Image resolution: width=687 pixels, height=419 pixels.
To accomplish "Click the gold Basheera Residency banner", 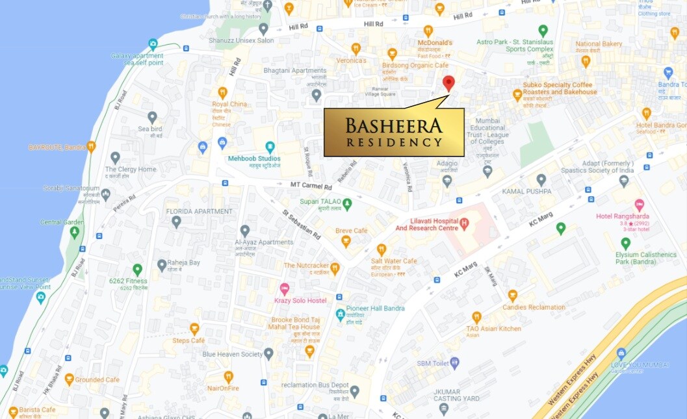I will click(394, 132).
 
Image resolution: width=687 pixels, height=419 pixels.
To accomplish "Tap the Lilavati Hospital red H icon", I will click(464, 224).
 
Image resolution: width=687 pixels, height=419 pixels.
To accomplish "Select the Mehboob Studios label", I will click(254, 159).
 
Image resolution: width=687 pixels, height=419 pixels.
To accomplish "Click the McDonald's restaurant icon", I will click(428, 31).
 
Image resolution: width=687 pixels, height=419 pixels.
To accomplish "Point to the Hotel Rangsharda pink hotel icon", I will click(639, 205).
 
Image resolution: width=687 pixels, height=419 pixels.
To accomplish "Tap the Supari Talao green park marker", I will click(347, 204).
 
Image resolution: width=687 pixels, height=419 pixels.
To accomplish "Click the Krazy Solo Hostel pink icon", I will click(284, 289).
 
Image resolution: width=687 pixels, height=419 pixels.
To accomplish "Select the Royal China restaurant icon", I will click(222, 92).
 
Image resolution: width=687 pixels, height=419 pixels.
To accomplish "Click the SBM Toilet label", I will click(432, 363).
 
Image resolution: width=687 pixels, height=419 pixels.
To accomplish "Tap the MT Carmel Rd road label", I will click(311, 185).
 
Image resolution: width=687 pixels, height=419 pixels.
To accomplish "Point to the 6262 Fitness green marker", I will click(137, 269).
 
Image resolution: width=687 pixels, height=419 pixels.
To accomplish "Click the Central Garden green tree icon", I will click(75, 231).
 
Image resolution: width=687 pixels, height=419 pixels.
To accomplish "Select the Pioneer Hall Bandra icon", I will click(340, 315).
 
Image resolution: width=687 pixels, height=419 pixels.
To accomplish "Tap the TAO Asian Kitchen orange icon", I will click(476, 317).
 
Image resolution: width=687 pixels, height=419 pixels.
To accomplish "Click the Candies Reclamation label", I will click(534, 307).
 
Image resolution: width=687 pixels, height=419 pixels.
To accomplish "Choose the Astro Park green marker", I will click(543, 31).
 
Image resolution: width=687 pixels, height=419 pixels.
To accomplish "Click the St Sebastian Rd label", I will click(301, 223).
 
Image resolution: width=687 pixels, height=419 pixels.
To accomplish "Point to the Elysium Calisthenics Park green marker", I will click(625, 243).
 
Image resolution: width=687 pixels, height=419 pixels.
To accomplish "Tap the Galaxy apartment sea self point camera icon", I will click(153, 44).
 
